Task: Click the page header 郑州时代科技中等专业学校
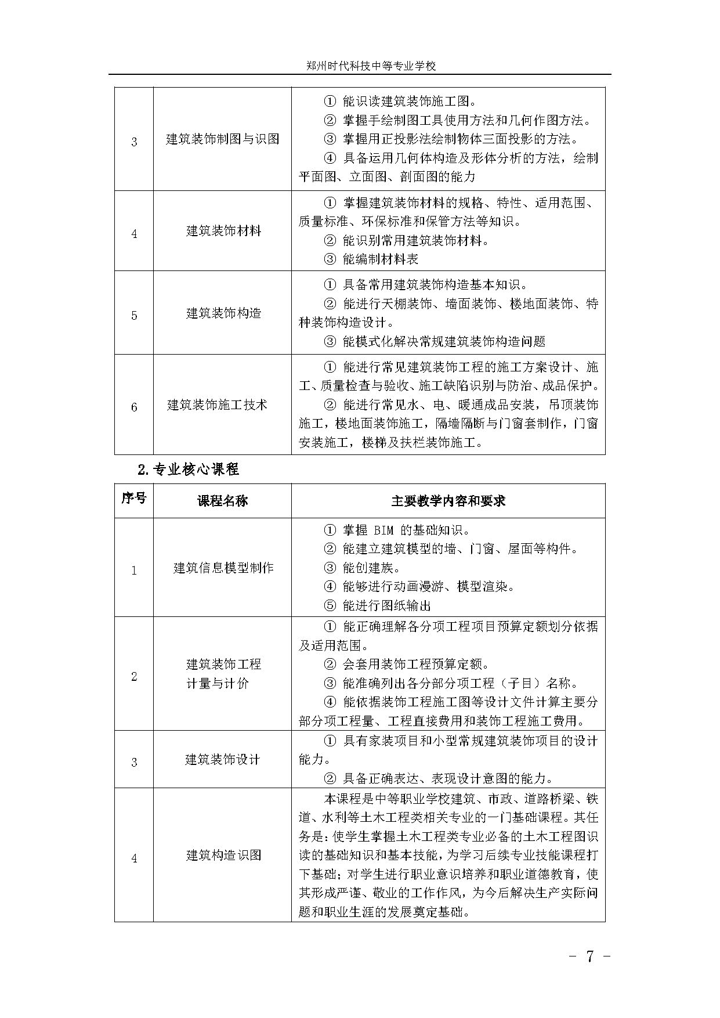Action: coord(371,66)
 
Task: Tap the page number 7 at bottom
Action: coord(590,956)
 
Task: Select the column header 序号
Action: coord(134,499)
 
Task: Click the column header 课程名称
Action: coord(223,501)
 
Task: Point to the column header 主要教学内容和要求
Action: coord(448,501)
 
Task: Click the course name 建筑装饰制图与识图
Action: coord(223,139)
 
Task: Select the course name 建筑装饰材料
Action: coord(223,231)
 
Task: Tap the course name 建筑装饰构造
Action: coord(223,313)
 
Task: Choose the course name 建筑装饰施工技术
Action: coord(217,405)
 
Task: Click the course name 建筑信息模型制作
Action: coord(223,568)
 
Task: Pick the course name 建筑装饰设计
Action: coord(222,759)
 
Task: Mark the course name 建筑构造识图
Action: coord(223,855)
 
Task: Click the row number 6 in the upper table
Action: coord(134,407)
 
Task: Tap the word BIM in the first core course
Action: coord(383,530)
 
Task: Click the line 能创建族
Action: coord(370,568)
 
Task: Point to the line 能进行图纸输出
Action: coord(385,605)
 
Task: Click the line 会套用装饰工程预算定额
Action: coord(414,664)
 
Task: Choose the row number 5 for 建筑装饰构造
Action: coord(134,316)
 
